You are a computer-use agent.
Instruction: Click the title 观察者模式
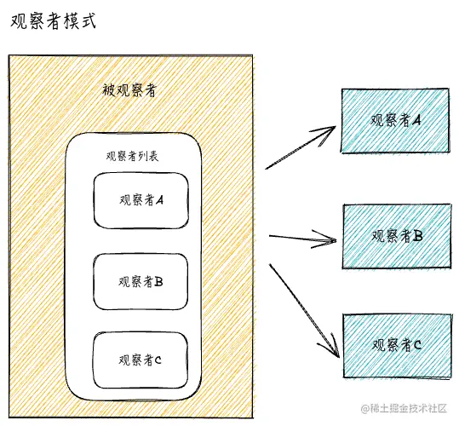[54, 21]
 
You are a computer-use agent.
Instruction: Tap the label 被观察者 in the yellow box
[129, 90]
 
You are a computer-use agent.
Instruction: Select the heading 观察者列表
[132, 156]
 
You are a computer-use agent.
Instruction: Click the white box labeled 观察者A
[141, 200]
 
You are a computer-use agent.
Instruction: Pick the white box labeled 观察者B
[141, 282]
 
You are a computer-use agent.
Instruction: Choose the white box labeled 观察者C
[141, 360]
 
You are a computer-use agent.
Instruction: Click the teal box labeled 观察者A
[395, 120]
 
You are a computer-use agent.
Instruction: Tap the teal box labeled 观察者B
[397, 236]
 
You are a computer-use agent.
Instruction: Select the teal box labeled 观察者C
[397, 346]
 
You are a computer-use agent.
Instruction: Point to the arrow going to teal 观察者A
[301, 147]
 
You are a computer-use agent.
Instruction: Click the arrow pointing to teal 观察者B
[302, 239]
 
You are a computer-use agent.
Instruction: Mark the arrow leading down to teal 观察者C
[305, 311]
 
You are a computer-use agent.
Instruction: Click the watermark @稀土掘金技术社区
[404, 408]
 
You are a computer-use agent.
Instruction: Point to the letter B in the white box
[158, 282]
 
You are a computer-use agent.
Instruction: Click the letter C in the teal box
[417, 345]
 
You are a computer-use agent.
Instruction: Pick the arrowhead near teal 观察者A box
[325, 134]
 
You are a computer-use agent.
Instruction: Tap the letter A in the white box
[159, 200]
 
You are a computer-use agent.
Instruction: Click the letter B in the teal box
[418, 235]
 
